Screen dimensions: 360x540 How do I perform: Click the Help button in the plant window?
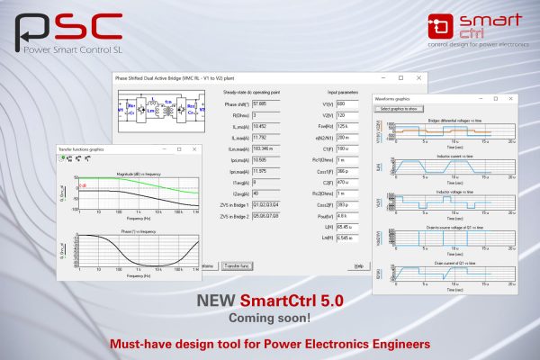[358, 266]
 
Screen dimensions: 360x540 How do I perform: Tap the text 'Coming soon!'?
[270, 318]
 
